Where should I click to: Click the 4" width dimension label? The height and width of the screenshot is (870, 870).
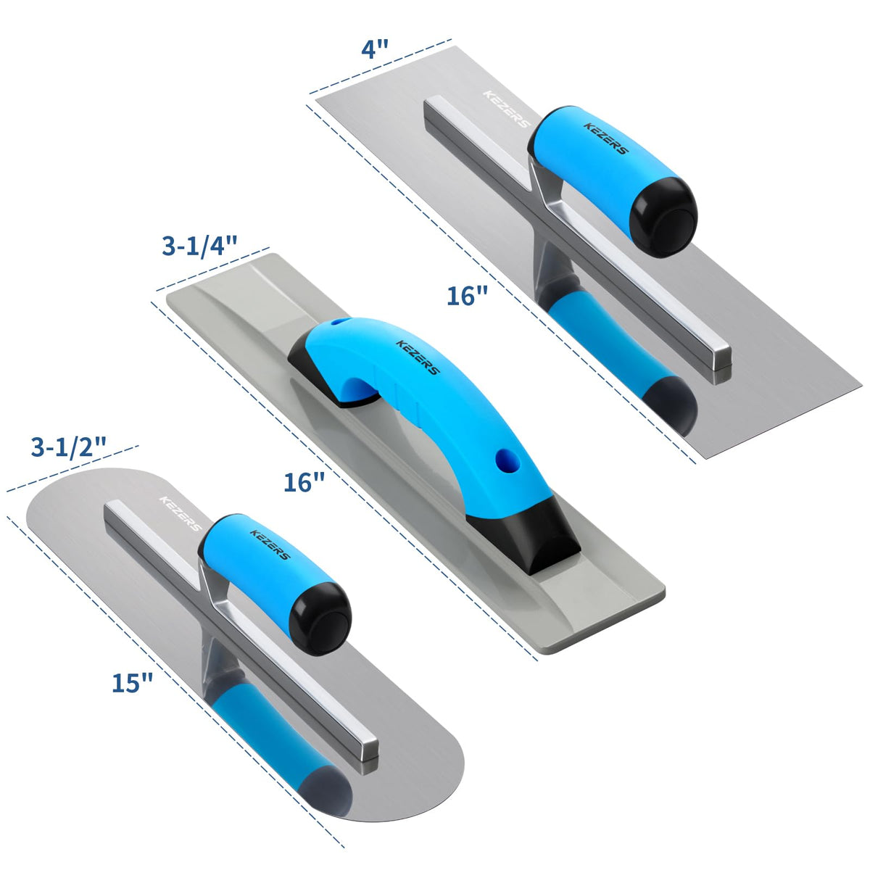[x=375, y=49]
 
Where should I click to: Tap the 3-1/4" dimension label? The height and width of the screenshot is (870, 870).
[x=199, y=246]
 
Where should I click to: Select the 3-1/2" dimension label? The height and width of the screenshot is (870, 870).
[x=69, y=447]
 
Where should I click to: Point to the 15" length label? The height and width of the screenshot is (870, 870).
[x=132, y=683]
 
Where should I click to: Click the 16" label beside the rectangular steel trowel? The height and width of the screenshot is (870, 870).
[x=468, y=297]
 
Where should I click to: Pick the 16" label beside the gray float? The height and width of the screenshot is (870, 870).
[x=304, y=482]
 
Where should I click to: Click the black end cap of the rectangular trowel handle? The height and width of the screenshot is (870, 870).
[x=663, y=217]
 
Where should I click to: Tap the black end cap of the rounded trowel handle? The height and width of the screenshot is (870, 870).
[x=321, y=618]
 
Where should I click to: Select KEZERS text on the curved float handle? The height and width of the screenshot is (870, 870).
[x=418, y=357]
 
